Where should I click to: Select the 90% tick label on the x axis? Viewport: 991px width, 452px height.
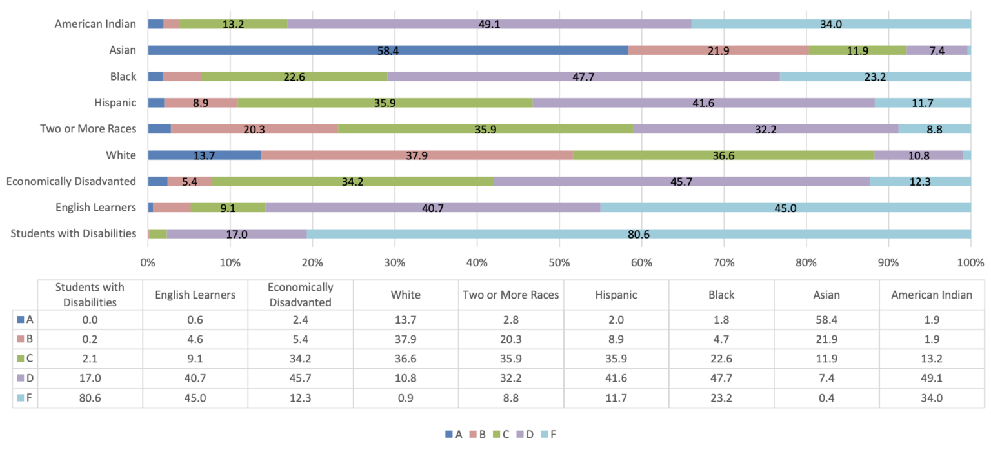pos(888,263)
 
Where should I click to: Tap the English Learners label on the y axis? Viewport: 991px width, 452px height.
pos(95,207)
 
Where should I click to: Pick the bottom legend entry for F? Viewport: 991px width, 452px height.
pos(549,435)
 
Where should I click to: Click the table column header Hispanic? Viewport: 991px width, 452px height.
pos(616,295)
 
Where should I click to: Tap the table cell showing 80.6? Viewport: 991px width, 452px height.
pos(90,398)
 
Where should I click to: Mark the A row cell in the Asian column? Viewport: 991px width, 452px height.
pos(826,319)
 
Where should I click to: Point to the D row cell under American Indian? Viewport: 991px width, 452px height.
pos(932,378)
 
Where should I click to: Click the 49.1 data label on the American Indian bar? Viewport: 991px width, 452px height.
pos(488,25)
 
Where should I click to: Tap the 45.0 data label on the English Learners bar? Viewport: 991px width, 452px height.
pos(785,208)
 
